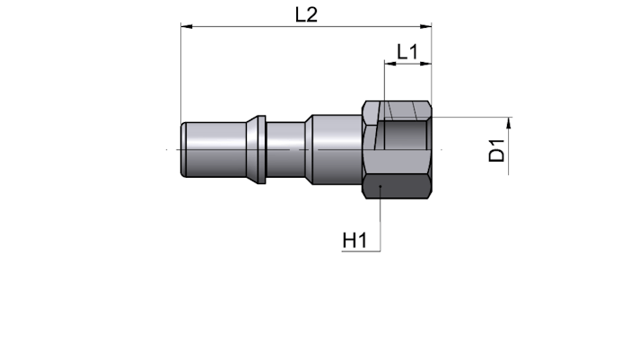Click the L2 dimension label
click(x=306, y=15)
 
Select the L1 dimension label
click(x=407, y=52)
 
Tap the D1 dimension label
click(x=496, y=150)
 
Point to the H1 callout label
click(x=354, y=241)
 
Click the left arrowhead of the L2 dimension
click(x=187, y=27)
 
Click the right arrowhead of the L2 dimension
click(x=425, y=27)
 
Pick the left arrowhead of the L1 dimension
click(x=390, y=63)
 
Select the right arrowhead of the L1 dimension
click(x=425, y=63)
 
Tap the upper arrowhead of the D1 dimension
click(x=509, y=123)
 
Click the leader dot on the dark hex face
click(x=381, y=186)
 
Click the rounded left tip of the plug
click(x=183, y=149)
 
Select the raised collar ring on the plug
click(x=256, y=149)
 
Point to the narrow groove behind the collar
click(x=285, y=149)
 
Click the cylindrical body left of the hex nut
click(x=337, y=149)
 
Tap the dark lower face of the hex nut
click(x=397, y=186)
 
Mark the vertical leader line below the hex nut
click(x=381, y=219)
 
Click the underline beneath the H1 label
click(x=361, y=251)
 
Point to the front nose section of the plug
click(x=214, y=149)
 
